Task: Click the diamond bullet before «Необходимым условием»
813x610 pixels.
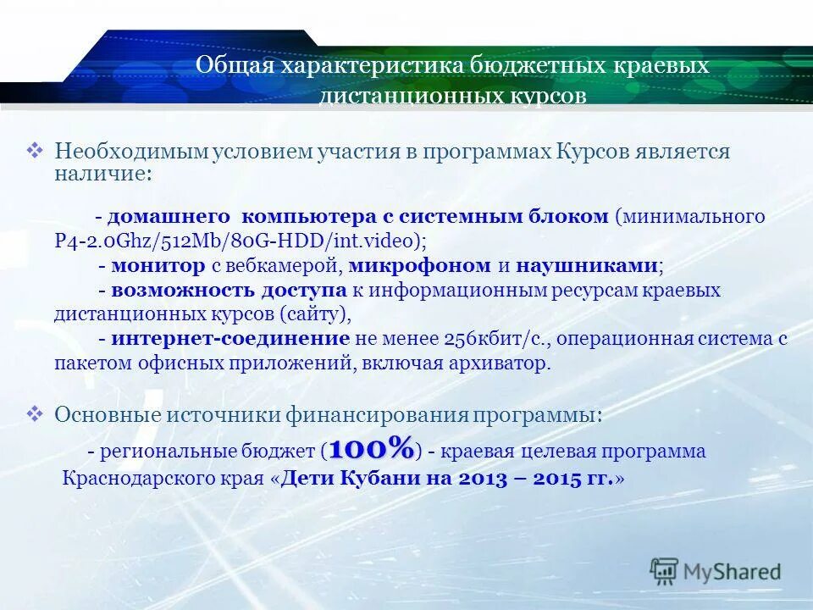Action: click(36, 151)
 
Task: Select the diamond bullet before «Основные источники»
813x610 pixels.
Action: click(36, 413)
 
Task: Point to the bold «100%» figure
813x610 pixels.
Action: click(372, 447)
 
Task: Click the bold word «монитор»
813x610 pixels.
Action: click(158, 266)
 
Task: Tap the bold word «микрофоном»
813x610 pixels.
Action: click(418, 266)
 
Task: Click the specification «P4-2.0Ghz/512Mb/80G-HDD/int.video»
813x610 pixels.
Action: click(236, 241)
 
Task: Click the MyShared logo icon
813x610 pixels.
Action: click(664, 572)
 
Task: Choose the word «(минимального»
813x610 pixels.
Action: click(690, 216)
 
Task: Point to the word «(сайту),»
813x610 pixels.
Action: click(314, 314)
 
